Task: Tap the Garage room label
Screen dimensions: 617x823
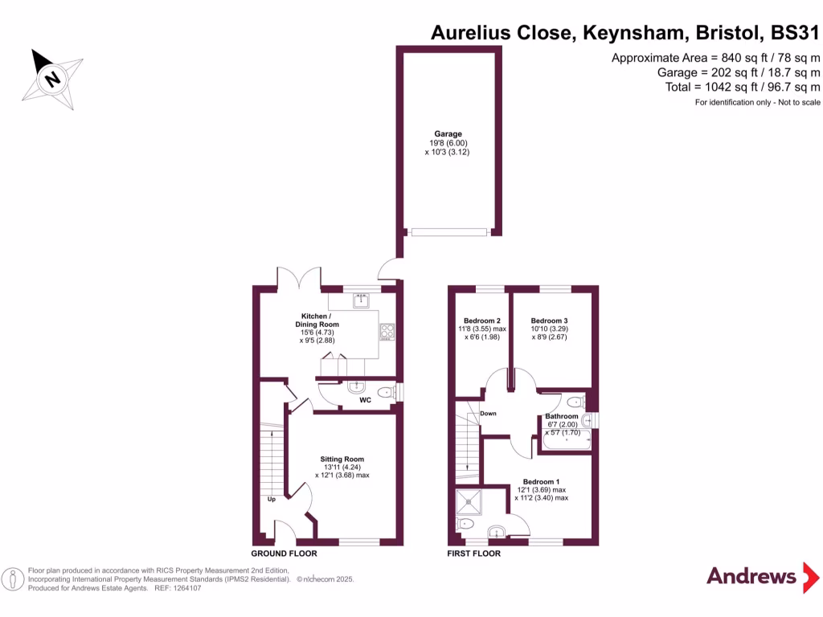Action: click(448, 134)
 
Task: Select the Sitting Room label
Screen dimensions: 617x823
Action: click(337, 460)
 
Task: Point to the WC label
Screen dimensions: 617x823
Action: click(365, 399)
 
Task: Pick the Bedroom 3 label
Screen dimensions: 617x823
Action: click(549, 321)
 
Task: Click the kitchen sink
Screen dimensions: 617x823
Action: click(361, 301)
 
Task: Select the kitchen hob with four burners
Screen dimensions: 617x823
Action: click(387, 332)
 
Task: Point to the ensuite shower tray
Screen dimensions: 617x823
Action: click(469, 502)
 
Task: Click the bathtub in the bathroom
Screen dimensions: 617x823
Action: click(567, 439)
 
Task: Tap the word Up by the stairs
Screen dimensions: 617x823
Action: click(272, 499)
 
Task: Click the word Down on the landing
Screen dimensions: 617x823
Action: click(488, 414)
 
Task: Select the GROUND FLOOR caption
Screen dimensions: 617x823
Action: click(284, 554)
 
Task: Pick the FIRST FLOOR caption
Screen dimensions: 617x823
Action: click(474, 554)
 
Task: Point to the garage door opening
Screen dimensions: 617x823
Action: click(448, 232)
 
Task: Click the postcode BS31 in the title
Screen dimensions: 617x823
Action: click(794, 33)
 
